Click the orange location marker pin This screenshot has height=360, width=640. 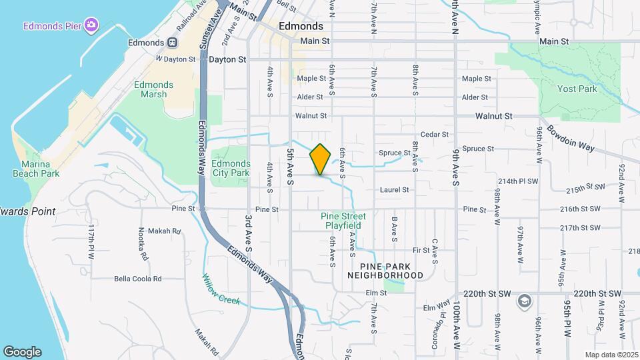coord(321,159)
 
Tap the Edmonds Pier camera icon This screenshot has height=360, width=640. coord(91,26)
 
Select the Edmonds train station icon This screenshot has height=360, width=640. coord(172,43)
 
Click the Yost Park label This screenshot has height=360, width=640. coord(577,89)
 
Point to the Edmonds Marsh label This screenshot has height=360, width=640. coord(153,90)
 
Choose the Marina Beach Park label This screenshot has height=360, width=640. coord(36,169)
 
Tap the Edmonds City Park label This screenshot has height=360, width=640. coord(231,168)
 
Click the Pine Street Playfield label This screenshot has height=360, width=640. coord(343,221)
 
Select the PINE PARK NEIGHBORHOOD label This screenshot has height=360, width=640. coord(385,270)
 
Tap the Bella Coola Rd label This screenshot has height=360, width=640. coord(138,279)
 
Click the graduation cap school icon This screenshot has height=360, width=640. coord(524,301)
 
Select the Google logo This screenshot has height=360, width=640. coord(22,352)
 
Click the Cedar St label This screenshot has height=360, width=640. coord(435,135)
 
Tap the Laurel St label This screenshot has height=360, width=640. coord(394,190)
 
